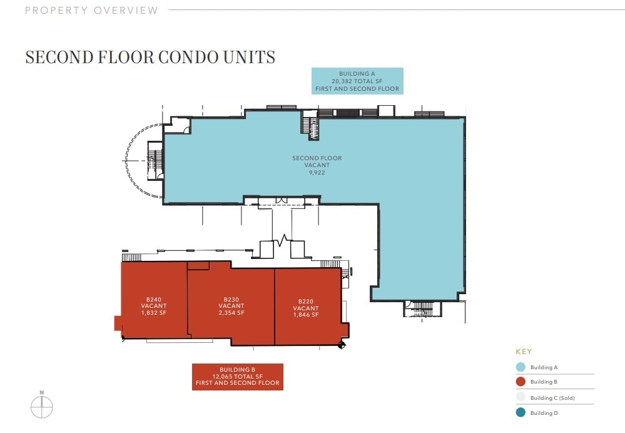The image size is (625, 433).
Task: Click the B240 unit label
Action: (154, 300)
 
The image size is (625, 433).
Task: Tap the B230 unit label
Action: (231, 300)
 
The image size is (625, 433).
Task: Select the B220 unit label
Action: (306, 302)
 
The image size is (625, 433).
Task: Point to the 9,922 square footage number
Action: (317, 173)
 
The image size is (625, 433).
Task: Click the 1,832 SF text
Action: (154, 313)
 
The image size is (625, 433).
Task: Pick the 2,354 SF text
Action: (231, 313)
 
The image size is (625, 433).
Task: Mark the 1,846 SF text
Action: (306, 315)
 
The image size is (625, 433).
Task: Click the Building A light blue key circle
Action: (521, 367)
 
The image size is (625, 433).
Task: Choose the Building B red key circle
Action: (521, 382)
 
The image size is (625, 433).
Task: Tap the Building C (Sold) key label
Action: (552, 398)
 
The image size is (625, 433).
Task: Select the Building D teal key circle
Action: (521, 413)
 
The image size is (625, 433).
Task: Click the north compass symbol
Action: (42, 407)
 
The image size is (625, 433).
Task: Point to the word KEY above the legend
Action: (524, 352)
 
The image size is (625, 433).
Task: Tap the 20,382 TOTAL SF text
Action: (357, 81)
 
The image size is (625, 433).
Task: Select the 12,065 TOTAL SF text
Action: (238, 377)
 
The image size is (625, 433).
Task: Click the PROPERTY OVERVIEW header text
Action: (92, 11)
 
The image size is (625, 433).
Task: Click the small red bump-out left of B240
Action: (118, 323)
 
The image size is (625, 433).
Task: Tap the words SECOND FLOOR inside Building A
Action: (317, 158)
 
